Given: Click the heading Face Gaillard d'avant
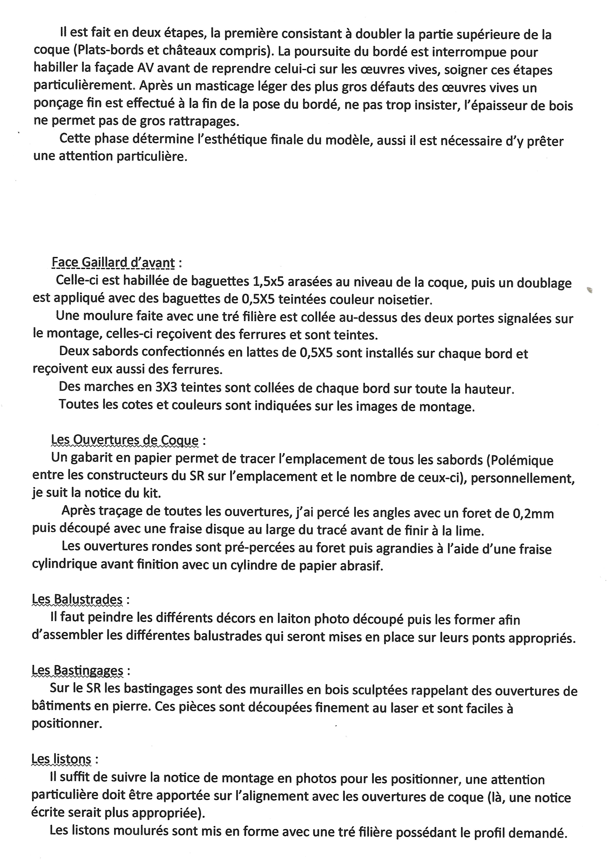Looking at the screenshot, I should pos(113,263).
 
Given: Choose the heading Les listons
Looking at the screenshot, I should pos(61,759).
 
